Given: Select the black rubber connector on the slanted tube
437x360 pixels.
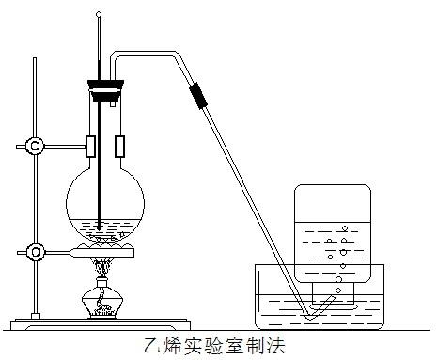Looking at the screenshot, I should (x=198, y=94).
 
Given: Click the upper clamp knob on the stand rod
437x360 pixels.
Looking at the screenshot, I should (x=35, y=147).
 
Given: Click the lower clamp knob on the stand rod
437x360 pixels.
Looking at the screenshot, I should (x=35, y=251).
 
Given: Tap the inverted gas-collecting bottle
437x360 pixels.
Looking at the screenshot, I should (x=334, y=235).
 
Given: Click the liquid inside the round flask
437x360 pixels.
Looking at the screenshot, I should (x=105, y=228).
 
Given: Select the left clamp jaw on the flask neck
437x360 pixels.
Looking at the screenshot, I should (x=91, y=147).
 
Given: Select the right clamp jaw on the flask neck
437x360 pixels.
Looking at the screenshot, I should (x=120, y=147).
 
